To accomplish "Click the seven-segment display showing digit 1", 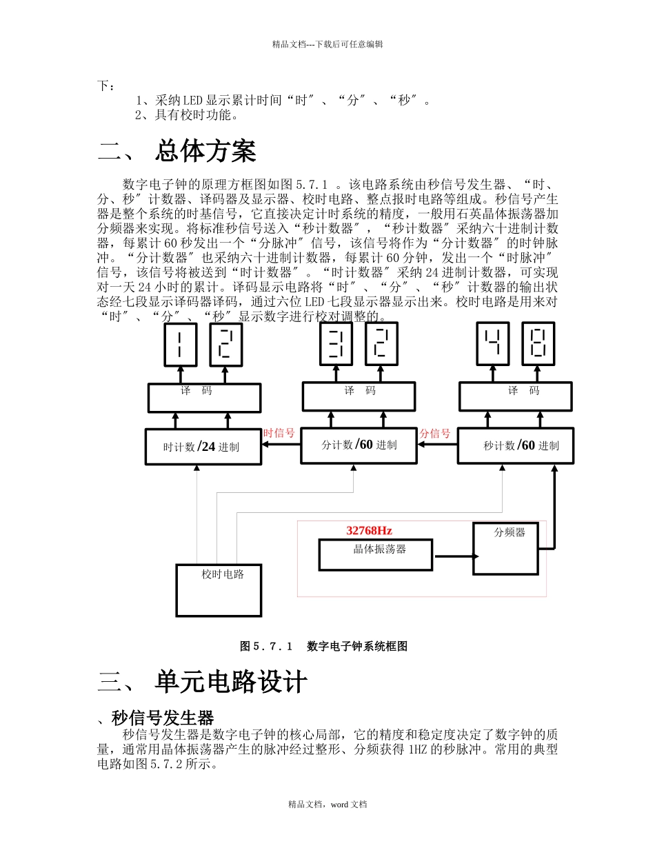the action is pos(180,344).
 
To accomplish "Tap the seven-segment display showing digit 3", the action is pos(336,344).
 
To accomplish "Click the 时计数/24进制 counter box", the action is pos(203,447).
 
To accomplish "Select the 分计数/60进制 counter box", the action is pos(359,445).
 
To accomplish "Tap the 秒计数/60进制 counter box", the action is pos(515,445).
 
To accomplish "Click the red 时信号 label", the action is pos(279,433).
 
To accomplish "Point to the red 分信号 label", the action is pos(435,433).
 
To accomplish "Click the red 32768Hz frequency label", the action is pos(369,530).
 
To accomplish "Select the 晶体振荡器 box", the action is pos(376,554).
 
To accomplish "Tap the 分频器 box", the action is pos(505,549).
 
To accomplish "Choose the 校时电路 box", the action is pos(219,590).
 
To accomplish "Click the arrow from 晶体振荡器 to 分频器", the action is pos(455,556).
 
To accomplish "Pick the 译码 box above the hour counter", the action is pos(204,398).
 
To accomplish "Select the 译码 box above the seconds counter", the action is pos(515,396).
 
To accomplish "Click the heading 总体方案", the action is pos(205,151).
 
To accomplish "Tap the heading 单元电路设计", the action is pos(230,682).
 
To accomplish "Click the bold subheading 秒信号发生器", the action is pos(163,718).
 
